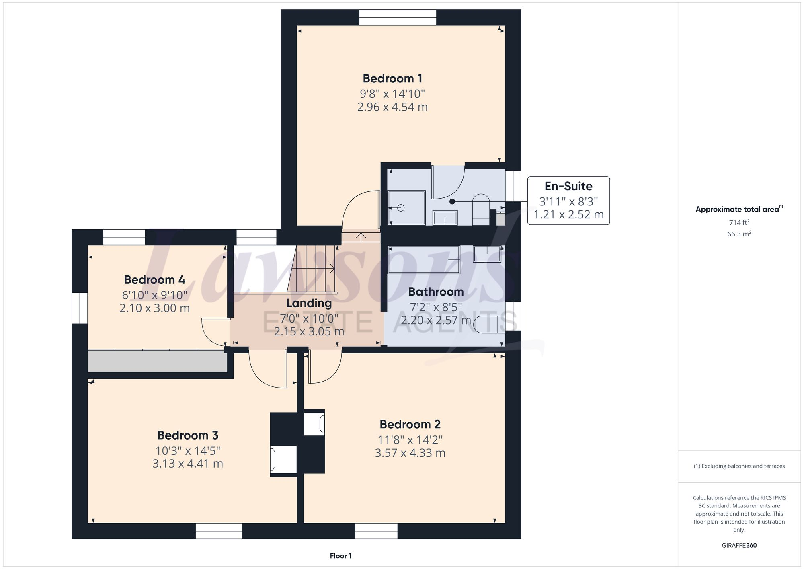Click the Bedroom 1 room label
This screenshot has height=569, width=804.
pos(392,78)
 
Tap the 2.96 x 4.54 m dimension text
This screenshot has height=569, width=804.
pos(392,107)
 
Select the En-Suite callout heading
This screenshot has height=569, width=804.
pos(568,186)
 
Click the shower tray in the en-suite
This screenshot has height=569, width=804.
pos(406,207)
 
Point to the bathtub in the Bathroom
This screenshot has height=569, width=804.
pos(423,260)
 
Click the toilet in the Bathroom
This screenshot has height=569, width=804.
pos(488,324)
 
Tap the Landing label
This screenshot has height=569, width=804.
pos(309,303)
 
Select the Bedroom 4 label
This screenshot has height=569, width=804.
pos(154,280)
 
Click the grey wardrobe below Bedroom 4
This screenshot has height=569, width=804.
pos(157,361)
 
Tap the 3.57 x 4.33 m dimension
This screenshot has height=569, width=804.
pos(410,453)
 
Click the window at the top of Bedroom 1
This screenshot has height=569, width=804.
pos(397,17)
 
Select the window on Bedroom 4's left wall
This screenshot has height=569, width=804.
pos(80,308)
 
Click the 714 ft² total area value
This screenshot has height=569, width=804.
pos(739,222)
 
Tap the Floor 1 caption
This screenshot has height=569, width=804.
pos(340,556)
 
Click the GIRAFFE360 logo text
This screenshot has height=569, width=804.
pos(739,546)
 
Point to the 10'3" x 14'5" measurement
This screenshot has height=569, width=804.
pos(188,451)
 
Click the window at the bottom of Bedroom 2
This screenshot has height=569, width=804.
pos(376,531)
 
